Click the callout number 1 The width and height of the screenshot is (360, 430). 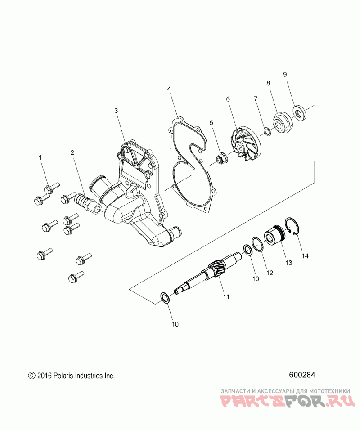[40, 157]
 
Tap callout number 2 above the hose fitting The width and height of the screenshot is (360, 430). [72, 152]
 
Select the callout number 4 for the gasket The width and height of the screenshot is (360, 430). [169, 90]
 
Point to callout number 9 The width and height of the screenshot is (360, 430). [284, 74]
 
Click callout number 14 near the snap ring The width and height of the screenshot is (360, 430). [305, 256]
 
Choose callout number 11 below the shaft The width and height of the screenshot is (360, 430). [226, 297]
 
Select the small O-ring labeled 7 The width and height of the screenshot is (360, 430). [266, 131]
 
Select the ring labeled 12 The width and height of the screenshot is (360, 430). [257, 245]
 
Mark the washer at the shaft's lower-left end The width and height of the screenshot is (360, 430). [165, 297]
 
